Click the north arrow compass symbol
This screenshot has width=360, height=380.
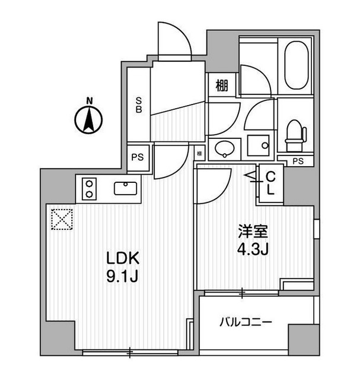[88, 121]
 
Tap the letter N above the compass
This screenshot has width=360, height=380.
[88, 100]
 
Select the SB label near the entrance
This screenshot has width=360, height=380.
[138, 104]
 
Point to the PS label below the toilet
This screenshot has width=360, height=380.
[298, 161]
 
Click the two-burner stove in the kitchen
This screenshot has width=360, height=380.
[90, 189]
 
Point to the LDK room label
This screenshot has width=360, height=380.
[123, 259]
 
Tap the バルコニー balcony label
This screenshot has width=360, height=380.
[246, 322]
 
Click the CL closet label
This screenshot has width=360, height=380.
[270, 183]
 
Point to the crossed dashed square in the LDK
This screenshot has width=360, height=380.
[61, 218]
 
